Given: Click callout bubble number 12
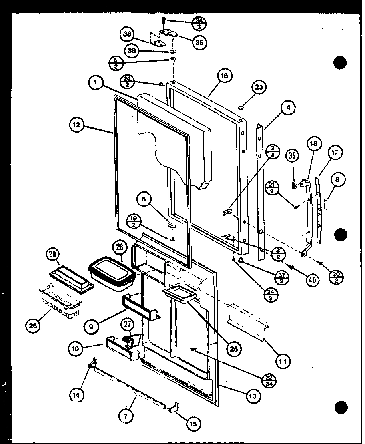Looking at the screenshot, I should pyautogui.click(x=76, y=125).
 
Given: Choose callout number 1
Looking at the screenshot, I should pyautogui.click(x=95, y=83).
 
